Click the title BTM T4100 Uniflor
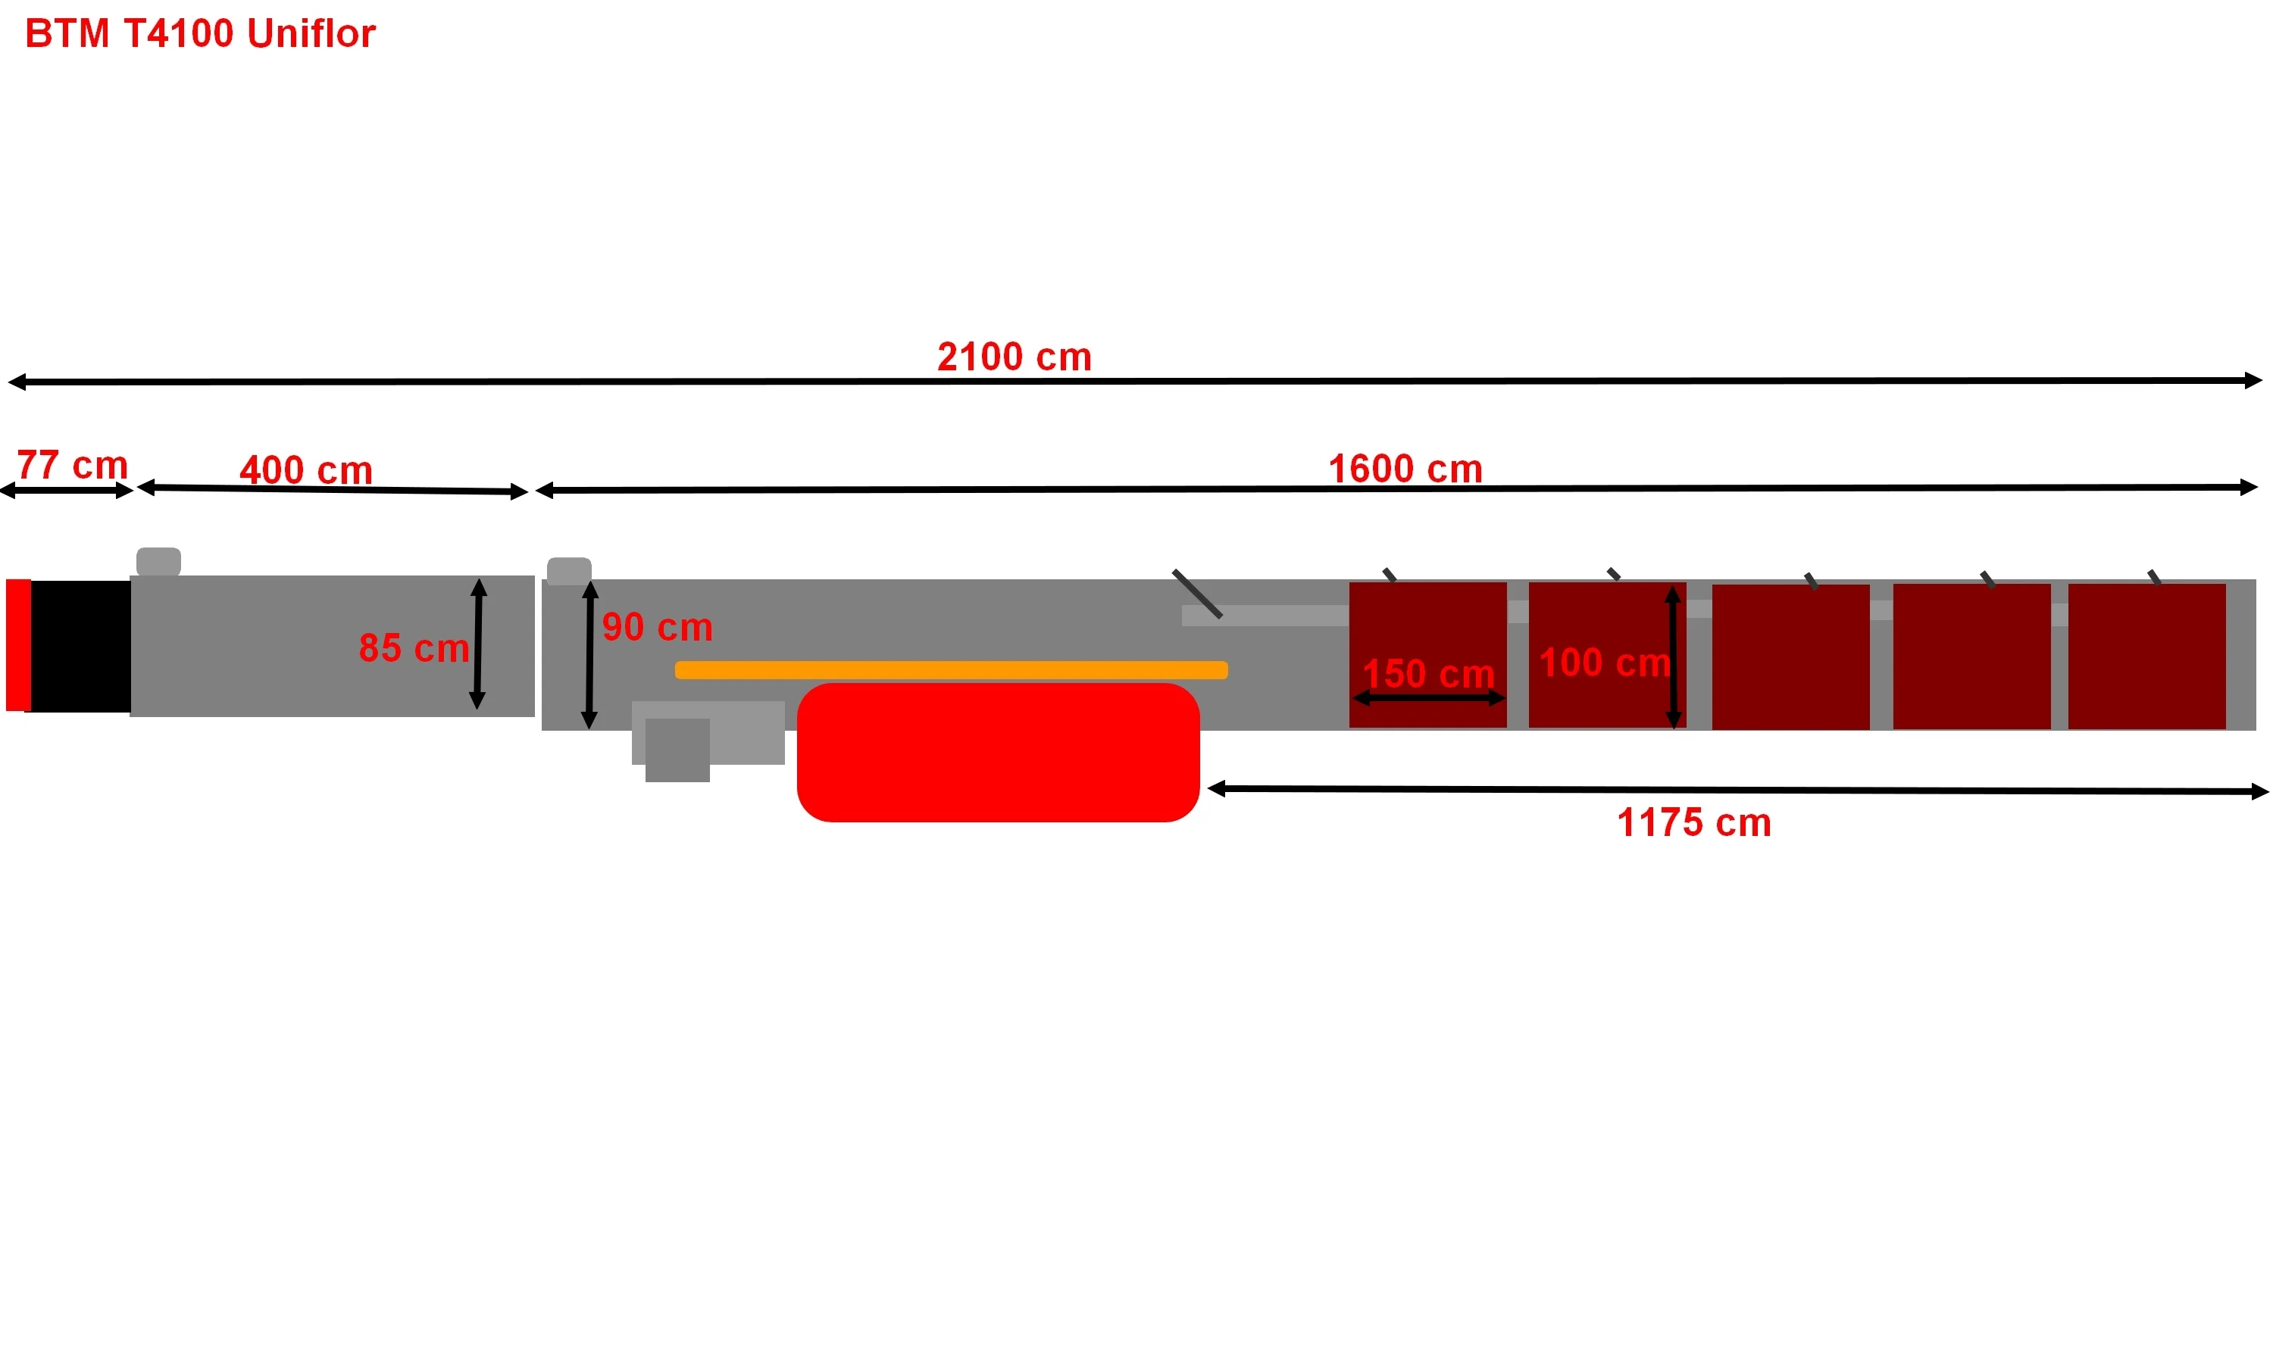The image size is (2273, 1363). click(200, 34)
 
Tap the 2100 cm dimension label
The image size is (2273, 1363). click(1015, 357)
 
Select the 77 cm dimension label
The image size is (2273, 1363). click(73, 465)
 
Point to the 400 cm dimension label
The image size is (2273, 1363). click(306, 470)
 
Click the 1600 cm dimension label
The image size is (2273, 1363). click(1405, 469)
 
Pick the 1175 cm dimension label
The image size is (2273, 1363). click(1694, 823)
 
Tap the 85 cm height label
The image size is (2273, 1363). click(414, 648)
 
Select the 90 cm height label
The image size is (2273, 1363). click(657, 627)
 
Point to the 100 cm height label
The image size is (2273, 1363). click(1604, 663)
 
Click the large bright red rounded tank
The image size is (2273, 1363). click(998, 752)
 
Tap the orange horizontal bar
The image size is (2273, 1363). click(951, 670)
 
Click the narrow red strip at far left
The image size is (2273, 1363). click(18, 644)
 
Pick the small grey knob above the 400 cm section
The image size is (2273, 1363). click(159, 562)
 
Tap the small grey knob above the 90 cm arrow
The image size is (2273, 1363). click(570, 571)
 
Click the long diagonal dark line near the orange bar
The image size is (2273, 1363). click(1197, 594)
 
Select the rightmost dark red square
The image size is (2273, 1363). click(2146, 657)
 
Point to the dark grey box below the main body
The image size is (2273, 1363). click(677, 750)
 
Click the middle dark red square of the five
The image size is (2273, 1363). click(1790, 657)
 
